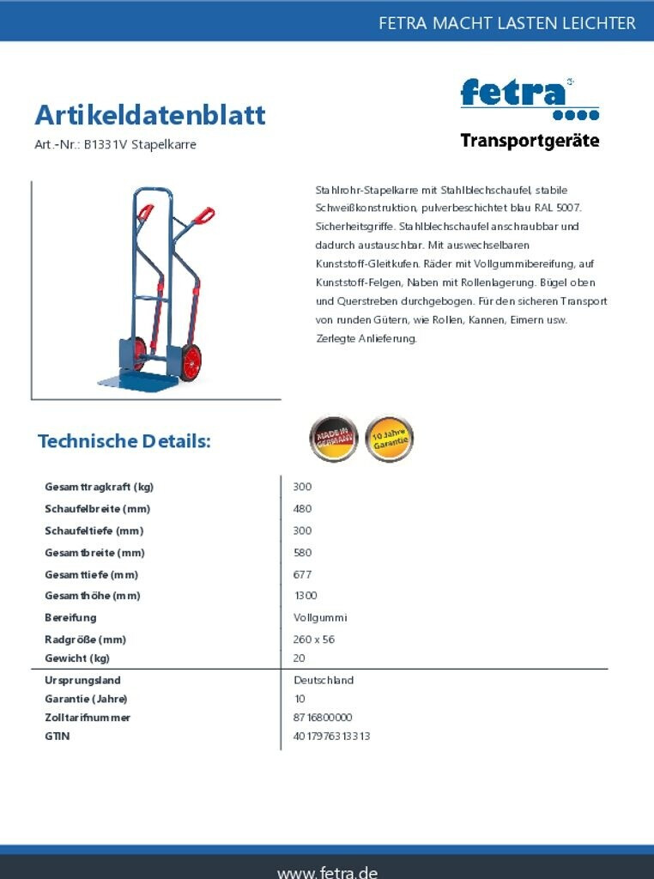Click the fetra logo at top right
pos(529,97)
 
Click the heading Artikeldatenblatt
pos(150,115)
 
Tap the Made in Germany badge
pos(333,439)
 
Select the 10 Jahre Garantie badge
pos(389,439)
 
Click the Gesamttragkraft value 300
pos(302,487)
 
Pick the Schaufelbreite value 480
pos(302,509)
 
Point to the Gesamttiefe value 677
pos(302,574)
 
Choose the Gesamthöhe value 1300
pos(306,596)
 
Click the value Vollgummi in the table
pos(320,618)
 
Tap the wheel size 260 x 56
pos(314,640)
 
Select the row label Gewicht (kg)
pos(77,658)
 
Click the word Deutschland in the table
pos(324,680)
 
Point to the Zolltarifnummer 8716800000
pos(323,718)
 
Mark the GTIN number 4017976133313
pos(331,737)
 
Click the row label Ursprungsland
pos(82,680)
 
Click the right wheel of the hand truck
pos(191,362)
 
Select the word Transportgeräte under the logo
pos(530,141)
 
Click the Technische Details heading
pos(124,441)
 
